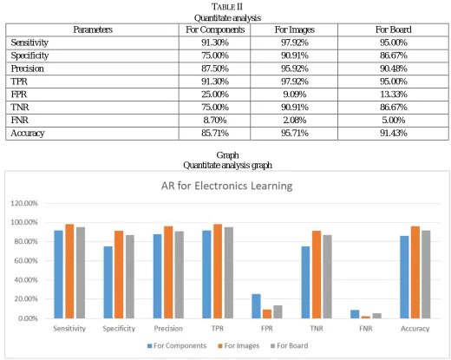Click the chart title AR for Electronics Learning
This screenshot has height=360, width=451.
(x=226, y=186)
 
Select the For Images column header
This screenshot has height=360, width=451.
(x=294, y=29)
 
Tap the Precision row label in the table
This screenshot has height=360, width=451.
(x=28, y=69)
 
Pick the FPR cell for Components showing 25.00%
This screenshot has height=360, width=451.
(x=215, y=95)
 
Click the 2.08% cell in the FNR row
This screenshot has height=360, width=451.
(x=294, y=120)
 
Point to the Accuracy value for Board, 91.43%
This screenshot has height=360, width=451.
(x=393, y=133)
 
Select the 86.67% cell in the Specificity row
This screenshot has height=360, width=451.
(x=393, y=56)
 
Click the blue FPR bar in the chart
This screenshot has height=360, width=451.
(x=256, y=306)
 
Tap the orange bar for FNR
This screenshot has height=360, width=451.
(x=366, y=317)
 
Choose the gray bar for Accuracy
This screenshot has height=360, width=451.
(x=426, y=274)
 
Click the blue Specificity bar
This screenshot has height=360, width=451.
(x=108, y=282)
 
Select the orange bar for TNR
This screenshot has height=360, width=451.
(x=317, y=275)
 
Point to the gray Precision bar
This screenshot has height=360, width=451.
(x=180, y=275)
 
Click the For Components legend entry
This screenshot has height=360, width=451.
(x=177, y=345)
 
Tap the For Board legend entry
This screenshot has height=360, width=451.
(x=289, y=345)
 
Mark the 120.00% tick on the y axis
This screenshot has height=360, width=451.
(x=24, y=203)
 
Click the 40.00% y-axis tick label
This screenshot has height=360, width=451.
(x=26, y=280)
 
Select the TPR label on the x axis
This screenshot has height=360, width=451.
(x=218, y=329)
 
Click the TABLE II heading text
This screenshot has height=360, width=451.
(x=227, y=7)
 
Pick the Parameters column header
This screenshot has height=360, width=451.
(x=93, y=29)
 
